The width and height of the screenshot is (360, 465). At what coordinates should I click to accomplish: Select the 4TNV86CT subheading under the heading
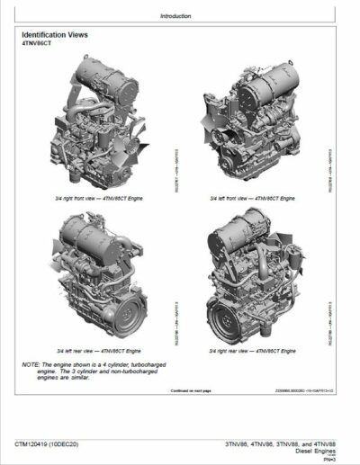click(38, 46)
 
